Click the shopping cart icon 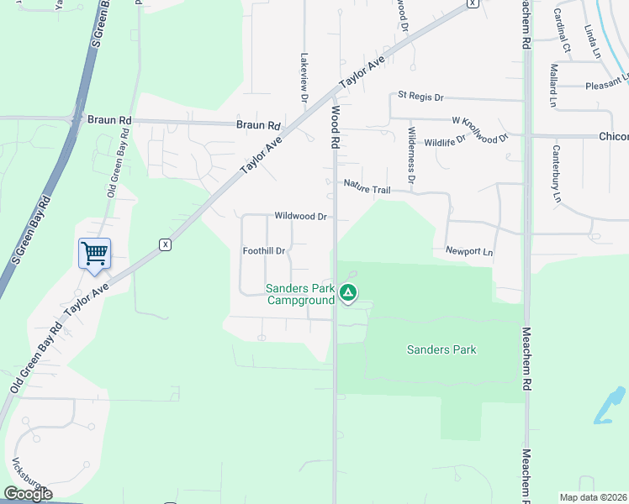pos(94,253)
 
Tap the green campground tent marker pos(348,293)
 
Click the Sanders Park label pos(441,349)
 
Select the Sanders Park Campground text pos(300,294)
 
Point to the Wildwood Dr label pos(300,217)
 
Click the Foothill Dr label pos(265,251)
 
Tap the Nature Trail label pos(367,187)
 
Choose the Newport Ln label pos(469,251)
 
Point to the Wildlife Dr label pos(445,141)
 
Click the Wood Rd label pos(335,127)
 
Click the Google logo pos(28,493)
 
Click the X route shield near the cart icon pos(165,244)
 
